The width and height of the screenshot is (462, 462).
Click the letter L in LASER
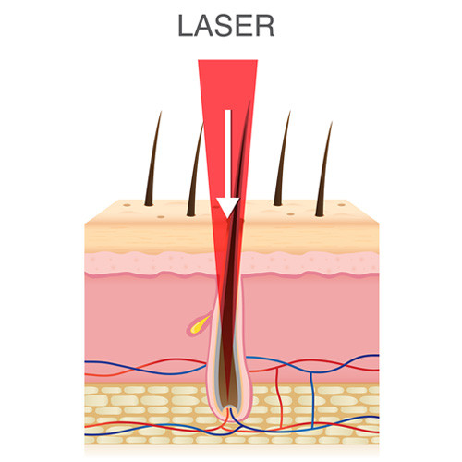[x=186, y=26]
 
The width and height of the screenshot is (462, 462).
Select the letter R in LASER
[x=264, y=26]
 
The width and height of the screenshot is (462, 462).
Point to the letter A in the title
[x=204, y=26]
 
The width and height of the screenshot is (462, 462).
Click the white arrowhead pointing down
[x=227, y=208]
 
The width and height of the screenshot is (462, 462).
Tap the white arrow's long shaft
[x=228, y=154]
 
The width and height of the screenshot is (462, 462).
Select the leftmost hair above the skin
[x=153, y=159]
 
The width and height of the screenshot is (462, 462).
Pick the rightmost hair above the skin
[x=324, y=169]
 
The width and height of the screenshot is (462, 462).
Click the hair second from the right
[x=283, y=158]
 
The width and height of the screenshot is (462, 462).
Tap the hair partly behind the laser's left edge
[x=196, y=169]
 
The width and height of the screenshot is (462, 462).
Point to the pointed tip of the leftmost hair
[x=161, y=112]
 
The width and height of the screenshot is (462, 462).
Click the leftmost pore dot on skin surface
[x=127, y=205]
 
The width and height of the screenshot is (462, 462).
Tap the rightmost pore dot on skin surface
[x=341, y=204]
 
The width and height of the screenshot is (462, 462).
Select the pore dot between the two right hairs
[x=290, y=213]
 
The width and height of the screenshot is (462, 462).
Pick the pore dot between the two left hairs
[x=161, y=217]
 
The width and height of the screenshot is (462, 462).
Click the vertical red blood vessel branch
[x=279, y=397]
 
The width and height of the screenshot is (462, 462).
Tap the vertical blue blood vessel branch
[x=312, y=400]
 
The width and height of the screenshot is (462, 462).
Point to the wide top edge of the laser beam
[x=227, y=60]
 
